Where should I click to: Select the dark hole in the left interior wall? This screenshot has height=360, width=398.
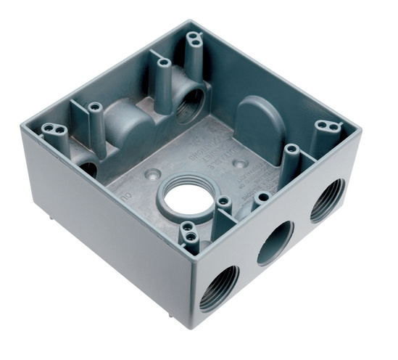pos(88,169)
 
